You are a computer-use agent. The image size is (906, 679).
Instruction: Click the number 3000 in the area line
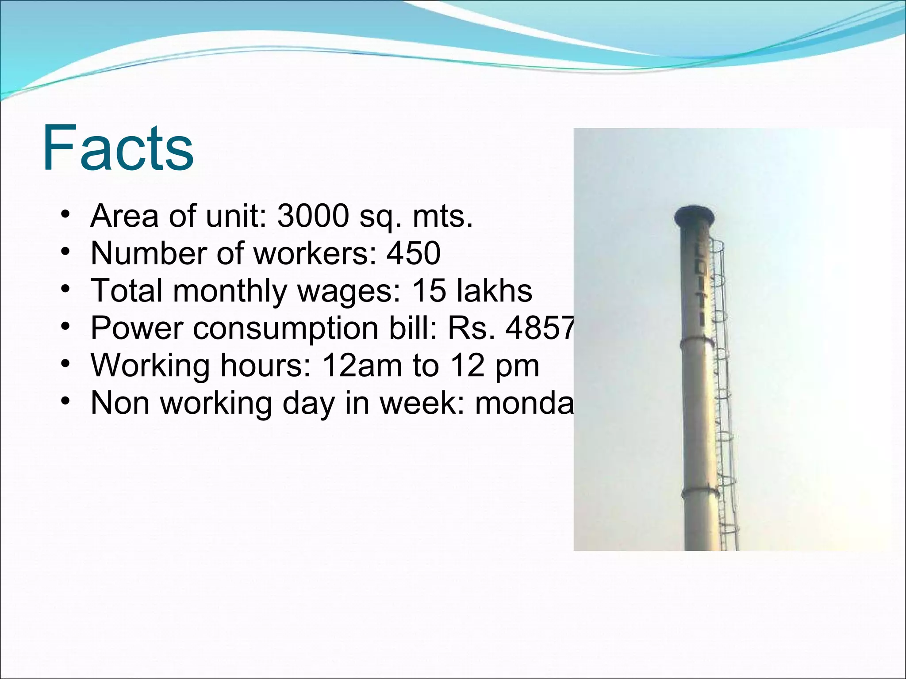coord(313,216)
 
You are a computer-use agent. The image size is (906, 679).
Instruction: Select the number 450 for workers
coord(414,253)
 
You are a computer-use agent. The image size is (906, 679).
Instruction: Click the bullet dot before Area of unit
coord(65,215)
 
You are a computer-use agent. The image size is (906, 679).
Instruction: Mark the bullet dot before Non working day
coord(65,401)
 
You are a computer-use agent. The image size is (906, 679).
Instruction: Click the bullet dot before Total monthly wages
coord(65,290)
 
